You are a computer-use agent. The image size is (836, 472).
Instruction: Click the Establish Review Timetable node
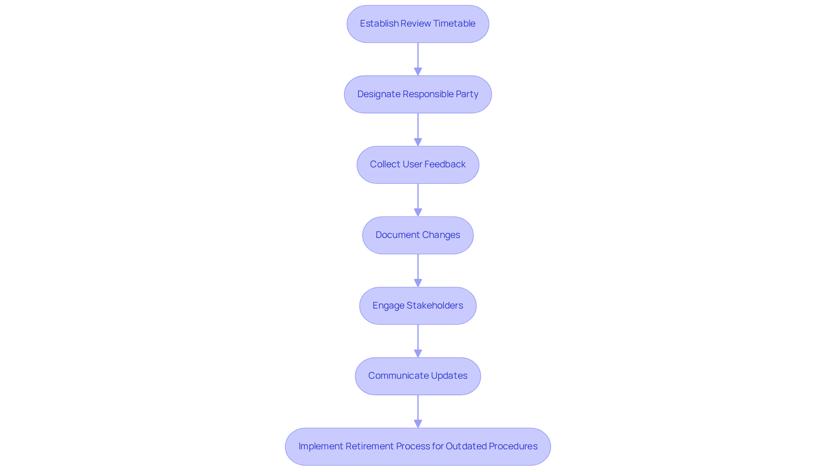click(x=418, y=24)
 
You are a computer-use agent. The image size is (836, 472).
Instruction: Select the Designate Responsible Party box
click(x=418, y=95)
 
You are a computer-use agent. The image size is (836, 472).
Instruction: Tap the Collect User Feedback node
click(x=418, y=165)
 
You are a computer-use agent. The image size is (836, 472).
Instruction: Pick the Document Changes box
click(x=418, y=235)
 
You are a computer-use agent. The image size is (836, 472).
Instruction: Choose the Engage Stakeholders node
click(x=418, y=306)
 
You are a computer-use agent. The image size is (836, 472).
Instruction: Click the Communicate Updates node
click(x=418, y=376)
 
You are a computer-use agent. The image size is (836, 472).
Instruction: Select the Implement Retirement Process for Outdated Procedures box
click(x=418, y=447)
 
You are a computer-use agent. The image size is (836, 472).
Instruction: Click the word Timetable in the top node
click(x=454, y=24)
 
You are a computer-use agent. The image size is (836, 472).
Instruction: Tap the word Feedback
click(x=445, y=164)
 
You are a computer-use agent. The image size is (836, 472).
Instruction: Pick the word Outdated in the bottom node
click(x=466, y=446)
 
